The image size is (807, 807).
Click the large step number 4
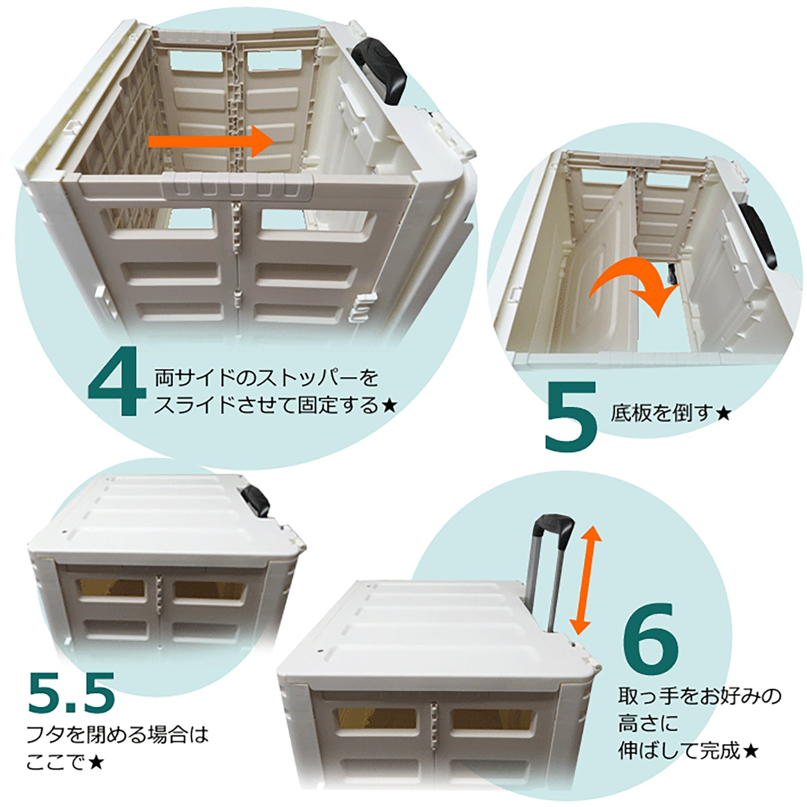(x=117, y=381)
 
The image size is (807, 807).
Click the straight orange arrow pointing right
(x=211, y=141)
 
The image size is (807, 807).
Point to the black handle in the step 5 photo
(x=758, y=235)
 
